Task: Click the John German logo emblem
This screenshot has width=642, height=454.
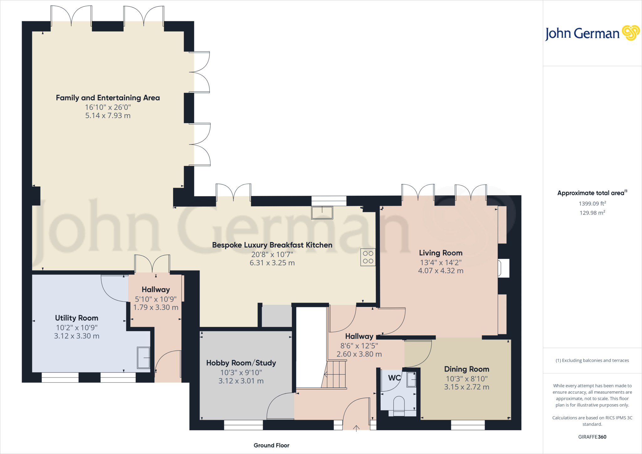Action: point(630,33)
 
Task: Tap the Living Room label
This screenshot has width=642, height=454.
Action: point(440,253)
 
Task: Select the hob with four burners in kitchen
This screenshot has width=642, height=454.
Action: point(368,257)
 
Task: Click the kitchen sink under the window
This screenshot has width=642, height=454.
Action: point(322,212)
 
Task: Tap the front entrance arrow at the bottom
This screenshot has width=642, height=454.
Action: point(356,428)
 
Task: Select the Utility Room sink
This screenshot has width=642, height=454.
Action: point(144,357)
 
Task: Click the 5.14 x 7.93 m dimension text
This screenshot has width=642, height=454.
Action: point(108,116)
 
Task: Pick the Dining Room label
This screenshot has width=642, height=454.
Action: point(466,369)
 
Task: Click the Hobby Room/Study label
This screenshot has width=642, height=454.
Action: point(241,363)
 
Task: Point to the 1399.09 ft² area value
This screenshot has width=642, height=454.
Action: point(592,204)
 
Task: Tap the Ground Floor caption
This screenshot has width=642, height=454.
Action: point(271,445)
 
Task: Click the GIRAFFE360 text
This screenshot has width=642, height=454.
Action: point(592,437)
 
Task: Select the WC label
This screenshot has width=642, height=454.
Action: point(394,378)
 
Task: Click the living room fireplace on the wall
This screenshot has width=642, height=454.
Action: point(503,268)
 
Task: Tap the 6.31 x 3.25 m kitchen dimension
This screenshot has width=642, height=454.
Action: point(272,263)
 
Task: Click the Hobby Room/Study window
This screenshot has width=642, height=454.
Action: point(243,425)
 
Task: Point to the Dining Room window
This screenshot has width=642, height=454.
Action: point(468,425)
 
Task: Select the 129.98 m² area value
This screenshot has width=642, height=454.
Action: point(592,213)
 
